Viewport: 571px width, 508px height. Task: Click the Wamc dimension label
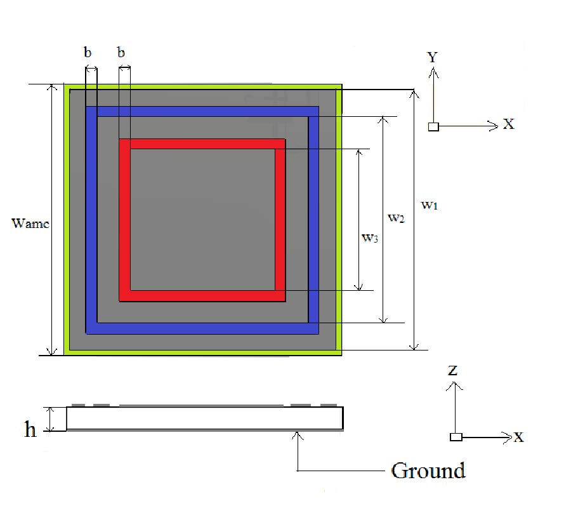[x=30, y=223]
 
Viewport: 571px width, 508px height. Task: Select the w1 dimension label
[x=430, y=205]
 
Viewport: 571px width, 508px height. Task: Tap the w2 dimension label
[x=396, y=218]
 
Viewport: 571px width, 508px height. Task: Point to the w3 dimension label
[x=370, y=238]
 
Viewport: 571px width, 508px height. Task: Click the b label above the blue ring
[x=88, y=52]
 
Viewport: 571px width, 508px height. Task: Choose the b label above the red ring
[x=121, y=52]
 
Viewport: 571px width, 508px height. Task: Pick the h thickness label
[x=30, y=429]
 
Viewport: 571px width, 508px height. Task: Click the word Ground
[x=428, y=471]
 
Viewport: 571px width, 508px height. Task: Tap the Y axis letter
[x=432, y=57]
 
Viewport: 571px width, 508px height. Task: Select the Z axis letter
[x=452, y=370]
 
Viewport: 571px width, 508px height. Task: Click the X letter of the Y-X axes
[x=509, y=124]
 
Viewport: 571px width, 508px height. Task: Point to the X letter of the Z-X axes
[x=518, y=437]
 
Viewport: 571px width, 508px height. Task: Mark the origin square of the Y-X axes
[x=433, y=127]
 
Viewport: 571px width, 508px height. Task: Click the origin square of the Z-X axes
[x=456, y=437]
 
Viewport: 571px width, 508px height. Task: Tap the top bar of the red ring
[x=202, y=144]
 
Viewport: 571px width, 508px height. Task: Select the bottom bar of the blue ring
[x=202, y=328]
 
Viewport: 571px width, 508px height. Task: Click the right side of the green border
[x=339, y=220]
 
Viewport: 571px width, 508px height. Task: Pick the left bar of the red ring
[x=124, y=220]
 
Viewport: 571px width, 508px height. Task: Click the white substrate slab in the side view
[x=205, y=418]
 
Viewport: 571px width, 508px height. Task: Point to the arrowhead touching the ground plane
[x=298, y=435]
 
